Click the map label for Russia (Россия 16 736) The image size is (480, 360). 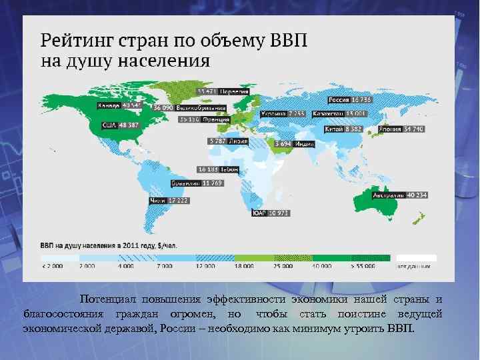coord(351,99)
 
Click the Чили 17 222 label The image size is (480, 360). coord(167,199)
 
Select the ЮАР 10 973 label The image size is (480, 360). coord(270,213)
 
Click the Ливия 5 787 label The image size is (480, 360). coord(227,141)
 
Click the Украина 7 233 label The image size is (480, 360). coord(283,113)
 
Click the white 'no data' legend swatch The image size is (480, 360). coord(417,257)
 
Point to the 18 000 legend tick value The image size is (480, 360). coord(243,266)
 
